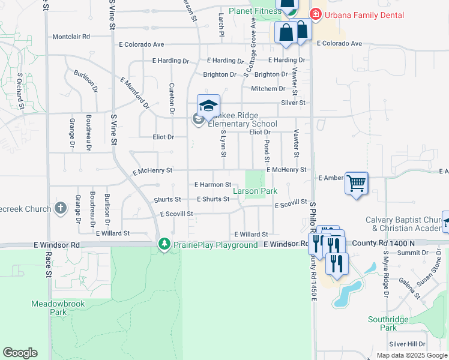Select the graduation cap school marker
tap(208, 106)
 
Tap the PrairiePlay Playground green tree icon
tap(164, 244)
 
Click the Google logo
tap(20, 353)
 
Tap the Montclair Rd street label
tap(71, 37)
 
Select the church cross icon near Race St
tap(60, 208)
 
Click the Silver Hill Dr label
tap(407, 344)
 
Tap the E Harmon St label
tap(213, 185)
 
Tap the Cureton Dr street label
tap(172, 98)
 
